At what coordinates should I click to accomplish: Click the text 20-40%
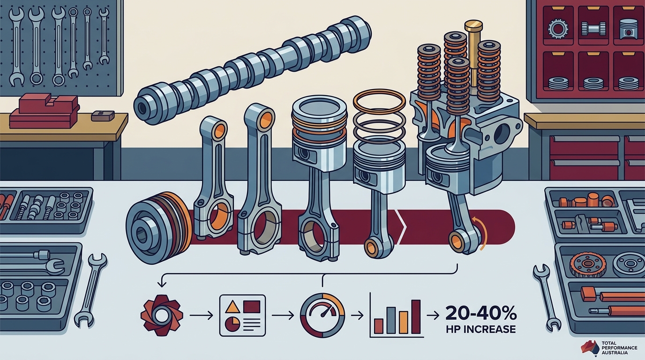[x=481, y=314]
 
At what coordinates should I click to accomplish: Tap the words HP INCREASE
[x=481, y=329]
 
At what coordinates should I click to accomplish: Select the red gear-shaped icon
[x=162, y=315]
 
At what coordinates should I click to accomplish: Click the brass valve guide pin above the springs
[x=473, y=55]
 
